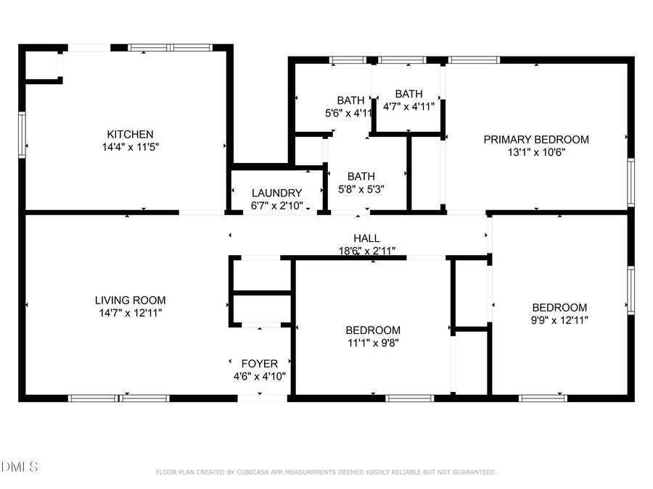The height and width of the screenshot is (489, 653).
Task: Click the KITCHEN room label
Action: tap(130, 134)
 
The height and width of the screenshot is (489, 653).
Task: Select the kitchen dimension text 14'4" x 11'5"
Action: tap(130, 146)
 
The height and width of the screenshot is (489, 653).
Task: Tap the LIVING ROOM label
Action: tap(130, 300)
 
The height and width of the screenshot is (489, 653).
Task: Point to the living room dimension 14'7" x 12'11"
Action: tap(130, 312)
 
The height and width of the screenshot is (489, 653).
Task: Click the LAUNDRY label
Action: tap(276, 193)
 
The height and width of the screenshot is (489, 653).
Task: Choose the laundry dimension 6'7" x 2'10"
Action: tap(276, 205)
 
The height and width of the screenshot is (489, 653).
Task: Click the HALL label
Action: tap(366, 238)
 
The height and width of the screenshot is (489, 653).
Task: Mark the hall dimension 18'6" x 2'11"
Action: tap(366, 250)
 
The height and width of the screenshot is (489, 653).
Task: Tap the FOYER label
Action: tap(259, 364)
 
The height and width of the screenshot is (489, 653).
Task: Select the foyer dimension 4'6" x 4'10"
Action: tap(259, 376)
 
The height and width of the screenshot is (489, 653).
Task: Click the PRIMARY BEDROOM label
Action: tap(536, 139)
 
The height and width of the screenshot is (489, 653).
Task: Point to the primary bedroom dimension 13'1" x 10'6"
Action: tap(536, 151)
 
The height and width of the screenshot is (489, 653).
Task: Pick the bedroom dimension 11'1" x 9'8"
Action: tap(373, 343)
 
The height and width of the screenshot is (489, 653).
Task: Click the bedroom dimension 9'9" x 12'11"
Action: tap(559, 319)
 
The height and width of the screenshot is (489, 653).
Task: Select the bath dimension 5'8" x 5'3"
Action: tap(361, 188)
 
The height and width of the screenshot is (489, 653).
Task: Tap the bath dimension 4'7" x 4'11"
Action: tap(408, 106)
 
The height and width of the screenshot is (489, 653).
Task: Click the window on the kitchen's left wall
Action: tap(22, 135)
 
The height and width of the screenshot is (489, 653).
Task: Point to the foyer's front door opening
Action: tap(263, 398)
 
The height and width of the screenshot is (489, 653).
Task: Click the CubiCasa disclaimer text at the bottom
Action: tap(326, 472)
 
